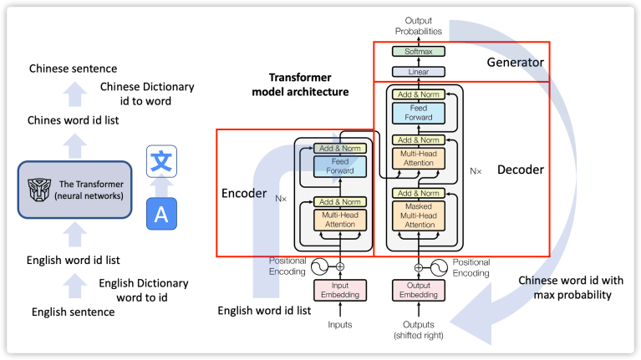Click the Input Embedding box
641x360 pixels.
coord(339,291)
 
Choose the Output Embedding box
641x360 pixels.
coord(418,291)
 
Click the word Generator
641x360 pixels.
coord(516,63)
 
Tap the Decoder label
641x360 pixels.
coord(521,170)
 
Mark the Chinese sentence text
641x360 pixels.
coord(73,68)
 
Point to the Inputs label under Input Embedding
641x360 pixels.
coord(339,324)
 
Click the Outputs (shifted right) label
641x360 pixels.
coord(419,330)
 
